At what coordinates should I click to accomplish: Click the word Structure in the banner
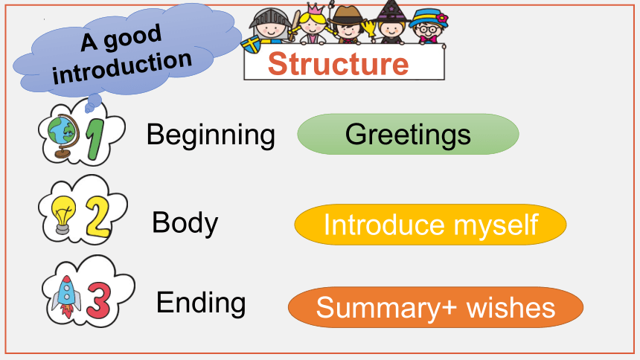[x=338, y=64]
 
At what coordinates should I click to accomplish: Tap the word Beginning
[x=211, y=135]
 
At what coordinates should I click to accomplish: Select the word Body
[x=185, y=223]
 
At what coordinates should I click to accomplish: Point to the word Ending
[x=201, y=303]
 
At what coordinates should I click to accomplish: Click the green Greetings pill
[x=408, y=134]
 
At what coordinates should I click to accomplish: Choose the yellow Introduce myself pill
[x=430, y=225]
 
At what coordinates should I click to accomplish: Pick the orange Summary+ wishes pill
[x=435, y=307]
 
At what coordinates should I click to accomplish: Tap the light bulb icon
[x=63, y=215]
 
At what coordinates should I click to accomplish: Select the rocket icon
[x=65, y=296]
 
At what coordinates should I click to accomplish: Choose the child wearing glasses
[x=428, y=26]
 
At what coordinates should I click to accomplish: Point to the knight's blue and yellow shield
[x=252, y=44]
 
